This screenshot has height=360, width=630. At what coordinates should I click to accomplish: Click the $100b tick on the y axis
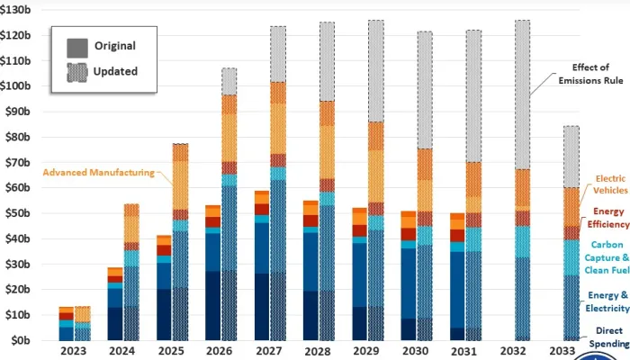(x=20, y=86)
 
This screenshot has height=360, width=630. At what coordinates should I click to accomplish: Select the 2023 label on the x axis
(x=74, y=352)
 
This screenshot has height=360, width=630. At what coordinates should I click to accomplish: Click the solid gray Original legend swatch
(x=77, y=45)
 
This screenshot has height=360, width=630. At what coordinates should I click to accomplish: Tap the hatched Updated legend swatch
(x=77, y=71)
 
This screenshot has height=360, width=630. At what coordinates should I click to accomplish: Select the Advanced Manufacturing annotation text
(x=98, y=171)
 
